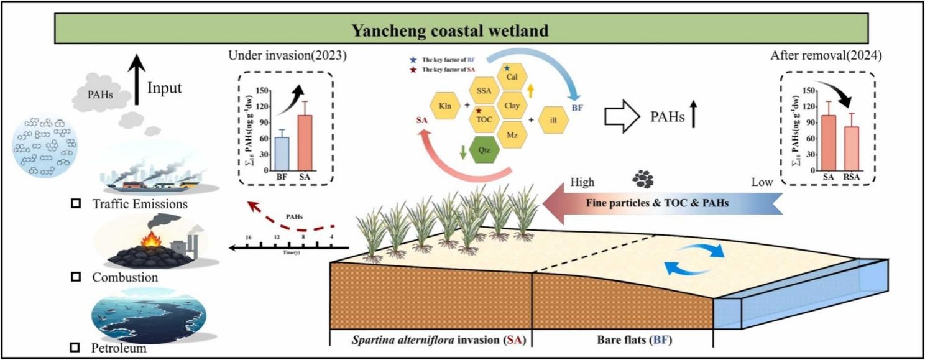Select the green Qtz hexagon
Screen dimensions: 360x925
485,150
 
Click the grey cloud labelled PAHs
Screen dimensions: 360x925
100,96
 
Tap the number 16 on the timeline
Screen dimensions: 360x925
249,238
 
